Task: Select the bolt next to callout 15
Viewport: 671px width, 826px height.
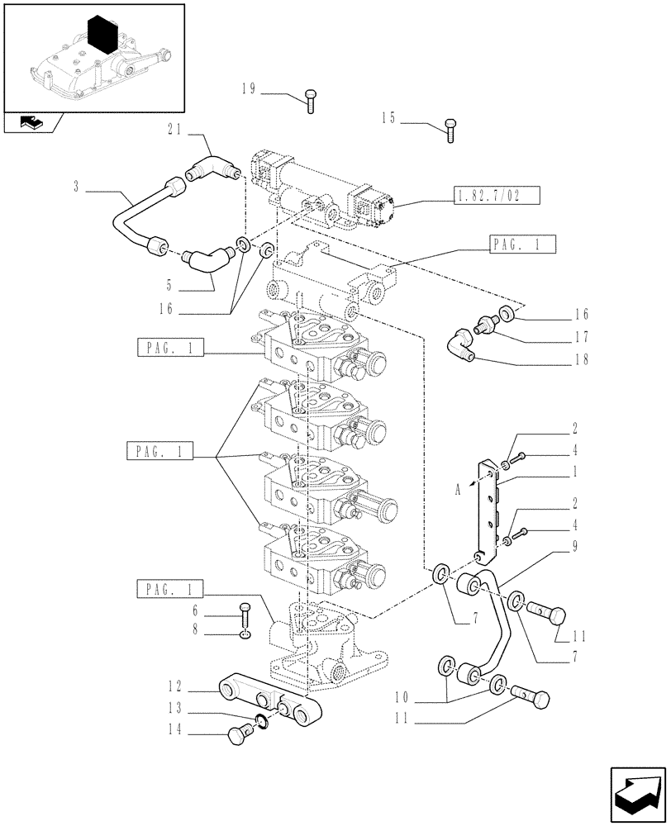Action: [x=451, y=130]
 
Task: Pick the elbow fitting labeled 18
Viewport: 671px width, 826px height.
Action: [x=460, y=344]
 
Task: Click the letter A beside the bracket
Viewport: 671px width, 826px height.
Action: [x=457, y=488]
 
